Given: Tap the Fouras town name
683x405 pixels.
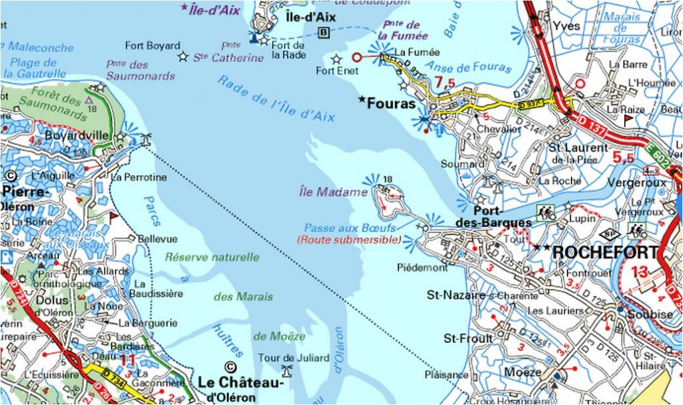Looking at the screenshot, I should pos(394,104).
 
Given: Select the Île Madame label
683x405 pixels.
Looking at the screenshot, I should pos(333,192).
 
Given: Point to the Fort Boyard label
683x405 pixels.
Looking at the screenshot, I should pos(153,46).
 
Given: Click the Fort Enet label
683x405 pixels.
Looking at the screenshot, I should pos(337,71).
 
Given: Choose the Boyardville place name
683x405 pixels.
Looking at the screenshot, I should pos(77,135).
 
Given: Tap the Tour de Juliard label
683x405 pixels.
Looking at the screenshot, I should pos(293,358).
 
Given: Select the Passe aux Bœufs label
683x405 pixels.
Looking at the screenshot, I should pos(351,228).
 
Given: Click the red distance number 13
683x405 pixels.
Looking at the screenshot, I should pos(639,271).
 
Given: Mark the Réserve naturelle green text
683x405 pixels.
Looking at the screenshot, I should pos(211,257).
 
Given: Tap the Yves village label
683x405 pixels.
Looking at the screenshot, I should pos(566,26).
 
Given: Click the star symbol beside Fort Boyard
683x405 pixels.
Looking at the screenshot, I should pos(183,57).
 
